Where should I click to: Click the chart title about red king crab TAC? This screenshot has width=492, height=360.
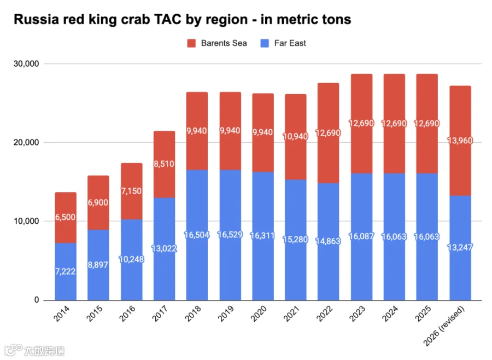point(182,20)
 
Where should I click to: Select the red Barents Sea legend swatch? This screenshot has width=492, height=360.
point(191,43)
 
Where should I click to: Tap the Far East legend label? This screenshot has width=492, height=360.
point(290,43)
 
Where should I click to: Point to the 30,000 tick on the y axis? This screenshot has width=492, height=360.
point(26,64)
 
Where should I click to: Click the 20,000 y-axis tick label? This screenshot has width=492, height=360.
point(26,142)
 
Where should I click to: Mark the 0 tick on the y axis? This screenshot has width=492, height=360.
point(37,300)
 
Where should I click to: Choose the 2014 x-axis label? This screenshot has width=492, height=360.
point(61,314)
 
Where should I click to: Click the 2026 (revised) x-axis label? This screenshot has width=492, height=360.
point(444,326)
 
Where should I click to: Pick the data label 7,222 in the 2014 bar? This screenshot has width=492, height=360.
point(65,271)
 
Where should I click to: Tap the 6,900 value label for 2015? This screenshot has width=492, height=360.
point(98,202)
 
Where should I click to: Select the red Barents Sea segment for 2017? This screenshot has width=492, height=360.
point(164,164)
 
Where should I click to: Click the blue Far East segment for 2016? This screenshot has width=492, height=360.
point(131,260)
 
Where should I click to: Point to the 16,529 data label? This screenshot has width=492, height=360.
point(230,235)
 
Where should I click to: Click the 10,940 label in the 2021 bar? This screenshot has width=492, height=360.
point(295,136)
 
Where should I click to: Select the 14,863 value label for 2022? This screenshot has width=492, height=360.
point(328,241)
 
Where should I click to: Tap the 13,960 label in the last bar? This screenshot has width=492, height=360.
point(460,141)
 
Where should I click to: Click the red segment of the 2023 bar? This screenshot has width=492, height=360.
point(362,124)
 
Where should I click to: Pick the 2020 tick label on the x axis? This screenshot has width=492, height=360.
point(258,314)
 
